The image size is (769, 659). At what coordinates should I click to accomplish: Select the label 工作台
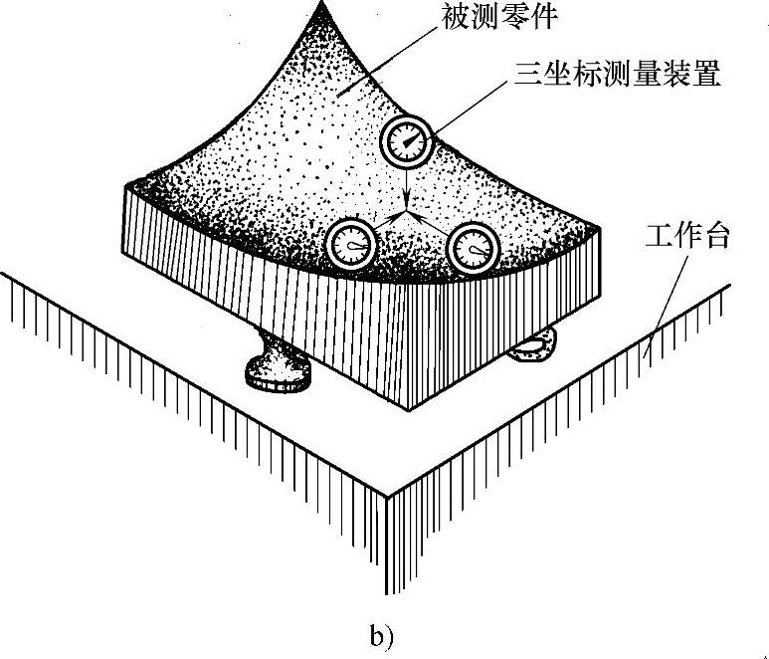pyautogui.click(x=687, y=238)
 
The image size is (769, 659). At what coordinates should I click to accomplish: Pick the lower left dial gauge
pyautogui.click(x=351, y=245)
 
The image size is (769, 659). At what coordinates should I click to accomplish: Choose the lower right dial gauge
pyautogui.click(x=472, y=248)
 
